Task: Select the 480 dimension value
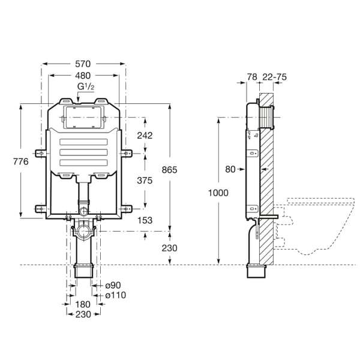click(83, 76)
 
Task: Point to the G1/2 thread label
click(85, 87)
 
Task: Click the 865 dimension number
click(170, 170)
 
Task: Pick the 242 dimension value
click(145, 136)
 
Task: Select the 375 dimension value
click(145, 181)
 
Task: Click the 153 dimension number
click(145, 221)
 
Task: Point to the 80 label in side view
click(230, 169)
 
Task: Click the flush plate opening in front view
click(83, 118)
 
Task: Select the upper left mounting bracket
click(41, 154)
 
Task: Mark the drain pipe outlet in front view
click(83, 272)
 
